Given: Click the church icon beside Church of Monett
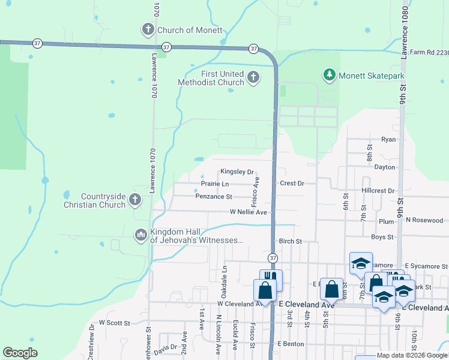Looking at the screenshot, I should click(x=148, y=29).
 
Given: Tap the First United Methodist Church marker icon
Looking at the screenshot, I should click(x=253, y=77).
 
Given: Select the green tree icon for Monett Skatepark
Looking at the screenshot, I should click(x=328, y=75).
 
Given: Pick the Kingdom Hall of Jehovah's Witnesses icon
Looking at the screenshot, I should click(x=140, y=235).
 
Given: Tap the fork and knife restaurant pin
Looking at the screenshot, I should click(x=271, y=278).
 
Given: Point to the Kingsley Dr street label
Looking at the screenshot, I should click(x=237, y=172).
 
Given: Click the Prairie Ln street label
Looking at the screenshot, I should click(x=214, y=184).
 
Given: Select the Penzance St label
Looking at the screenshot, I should click(x=213, y=196).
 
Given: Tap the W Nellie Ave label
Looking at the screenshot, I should click(x=248, y=212).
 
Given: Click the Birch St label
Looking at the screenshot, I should click(x=289, y=241).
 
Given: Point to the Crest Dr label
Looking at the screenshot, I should click(x=292, y=183).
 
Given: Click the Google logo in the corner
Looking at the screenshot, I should click(x=20, y=353).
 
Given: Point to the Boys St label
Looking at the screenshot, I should click(x=382, y=238).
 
